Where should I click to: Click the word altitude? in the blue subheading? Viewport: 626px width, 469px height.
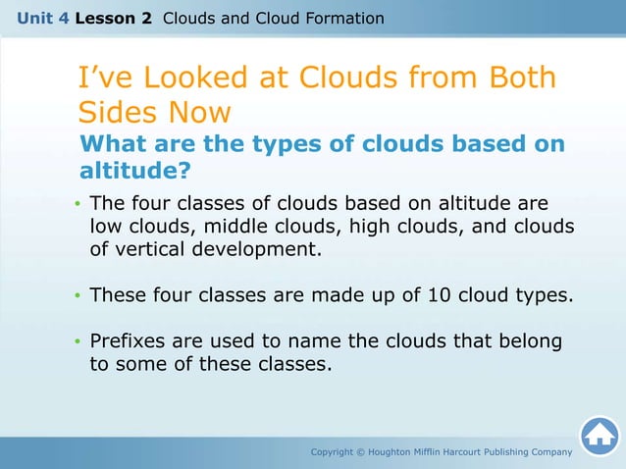click(x=134, y=172)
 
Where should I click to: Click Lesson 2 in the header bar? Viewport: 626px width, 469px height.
click(x=113, y=19)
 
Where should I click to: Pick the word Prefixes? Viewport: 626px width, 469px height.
click(x=128, y=341)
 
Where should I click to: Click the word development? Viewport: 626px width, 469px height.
click(x=258, y=249)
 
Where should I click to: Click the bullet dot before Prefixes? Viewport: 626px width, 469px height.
click(x=78, y=342)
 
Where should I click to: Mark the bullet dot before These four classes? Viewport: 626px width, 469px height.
click(x=78, y=295)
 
